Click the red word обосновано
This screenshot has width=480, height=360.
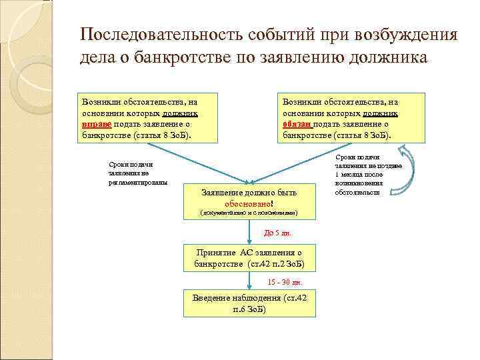click(249, 203)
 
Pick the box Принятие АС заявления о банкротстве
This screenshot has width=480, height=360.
click(249, 259)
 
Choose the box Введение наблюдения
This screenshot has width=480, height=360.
click(249, 304)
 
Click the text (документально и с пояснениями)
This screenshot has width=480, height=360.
click(249, 213)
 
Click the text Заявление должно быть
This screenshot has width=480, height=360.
click(249, 192)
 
